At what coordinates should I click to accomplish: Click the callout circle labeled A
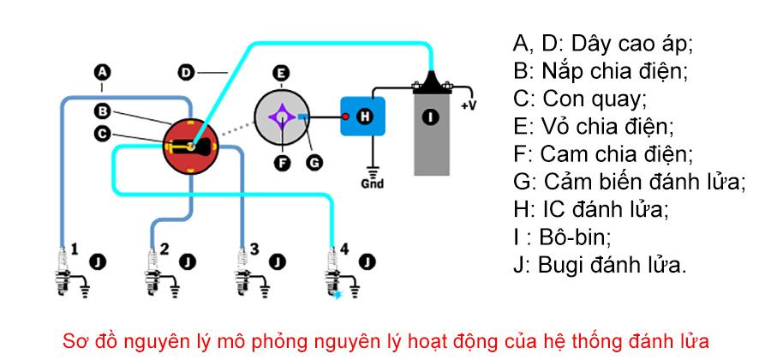click(103, 73)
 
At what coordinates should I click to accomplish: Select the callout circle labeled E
click(280, 73)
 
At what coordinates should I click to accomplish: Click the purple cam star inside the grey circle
click(280, 117)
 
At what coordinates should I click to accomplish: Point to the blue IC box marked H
click(364, 117)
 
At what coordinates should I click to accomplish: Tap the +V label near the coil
click(469, 105)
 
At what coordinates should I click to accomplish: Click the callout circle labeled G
click(314, 161)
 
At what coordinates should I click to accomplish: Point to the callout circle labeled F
click(280, 161)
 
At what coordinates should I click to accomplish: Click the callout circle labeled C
click(103, 133)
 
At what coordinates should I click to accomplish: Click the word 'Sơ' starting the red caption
click(75, 340)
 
